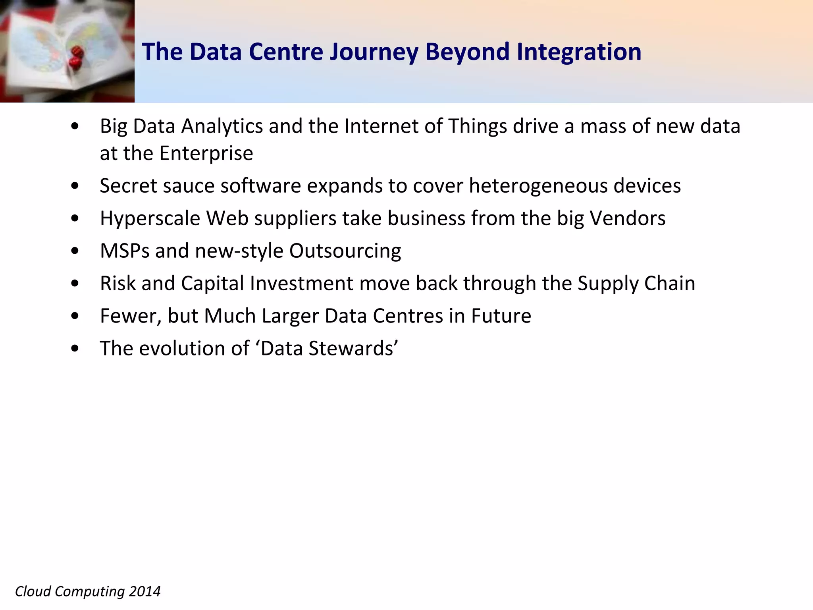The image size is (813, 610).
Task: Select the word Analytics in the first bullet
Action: point(222,127)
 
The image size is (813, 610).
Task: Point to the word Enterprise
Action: point(206,153)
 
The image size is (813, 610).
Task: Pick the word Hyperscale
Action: point(150,219)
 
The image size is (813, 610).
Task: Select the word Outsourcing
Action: point(345,251)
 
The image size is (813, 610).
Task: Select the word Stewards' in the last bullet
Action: point(353,348)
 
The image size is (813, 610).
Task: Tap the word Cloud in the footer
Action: point(33,591)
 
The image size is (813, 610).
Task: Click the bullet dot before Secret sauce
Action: point(75,186)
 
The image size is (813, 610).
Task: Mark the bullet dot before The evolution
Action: point(75,349)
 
